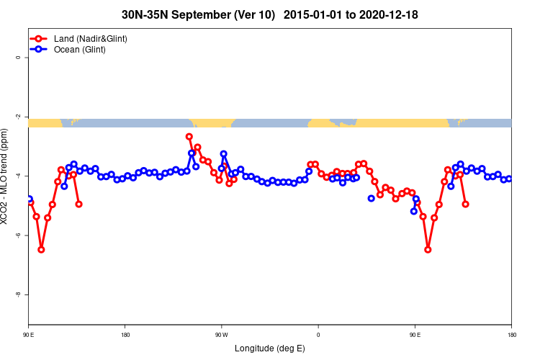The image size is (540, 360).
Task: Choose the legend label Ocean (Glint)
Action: tap(80, 50)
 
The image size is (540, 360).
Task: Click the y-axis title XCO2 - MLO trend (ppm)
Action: tap(6, 176)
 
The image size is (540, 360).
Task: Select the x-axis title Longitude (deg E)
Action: tap(270, 348)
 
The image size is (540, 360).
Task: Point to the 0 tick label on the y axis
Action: tap(18, 58)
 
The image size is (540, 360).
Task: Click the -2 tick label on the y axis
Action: tap(18, 117)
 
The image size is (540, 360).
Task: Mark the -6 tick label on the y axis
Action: tap(18, 235)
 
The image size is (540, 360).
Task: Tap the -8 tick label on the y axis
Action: tap(18, 294)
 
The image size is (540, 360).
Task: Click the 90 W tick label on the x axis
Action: tap(221, 335)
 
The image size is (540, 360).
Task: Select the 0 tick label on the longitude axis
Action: tap(318, 335)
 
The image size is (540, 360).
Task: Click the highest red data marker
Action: tap(189, 137)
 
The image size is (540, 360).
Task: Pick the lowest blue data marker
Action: tap(414, 211)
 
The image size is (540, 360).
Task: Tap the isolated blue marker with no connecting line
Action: tap(372, 198)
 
